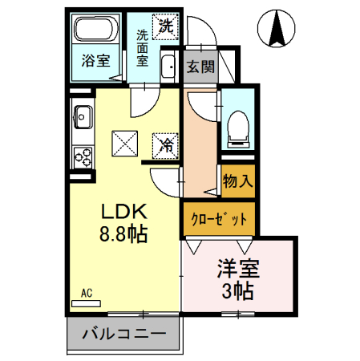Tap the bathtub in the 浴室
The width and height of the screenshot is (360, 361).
[97, 31]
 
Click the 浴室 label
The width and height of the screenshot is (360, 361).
[97, 60]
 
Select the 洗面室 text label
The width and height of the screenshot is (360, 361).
[142, 47]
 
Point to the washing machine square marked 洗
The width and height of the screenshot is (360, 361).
[166, 26]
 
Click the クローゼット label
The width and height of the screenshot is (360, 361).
[212, 217]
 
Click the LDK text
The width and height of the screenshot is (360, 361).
[122, 212]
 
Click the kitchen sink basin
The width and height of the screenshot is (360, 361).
[82, 118]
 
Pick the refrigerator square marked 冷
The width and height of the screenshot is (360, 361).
[166, 145]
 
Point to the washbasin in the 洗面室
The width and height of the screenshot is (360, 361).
[168, 67]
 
